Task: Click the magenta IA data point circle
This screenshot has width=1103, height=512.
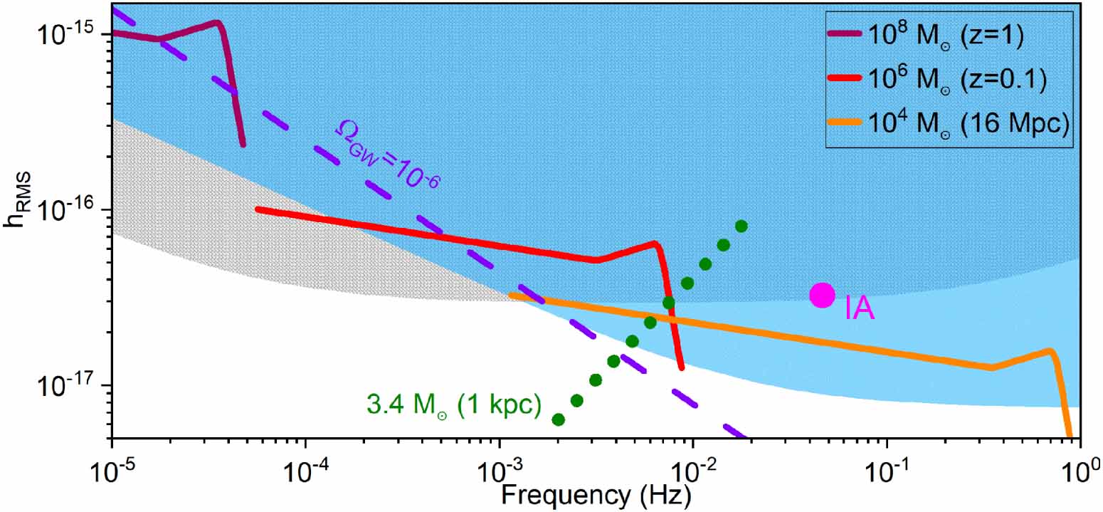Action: (x=823, y=295)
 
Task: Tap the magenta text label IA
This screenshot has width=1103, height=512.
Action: (x=859, y=310)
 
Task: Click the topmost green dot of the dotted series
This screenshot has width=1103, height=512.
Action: (x=741, y=226)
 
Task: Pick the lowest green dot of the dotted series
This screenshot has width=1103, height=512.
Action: (x=559, y=419)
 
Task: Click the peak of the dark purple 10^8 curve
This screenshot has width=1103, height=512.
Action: (x=216, y=22)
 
